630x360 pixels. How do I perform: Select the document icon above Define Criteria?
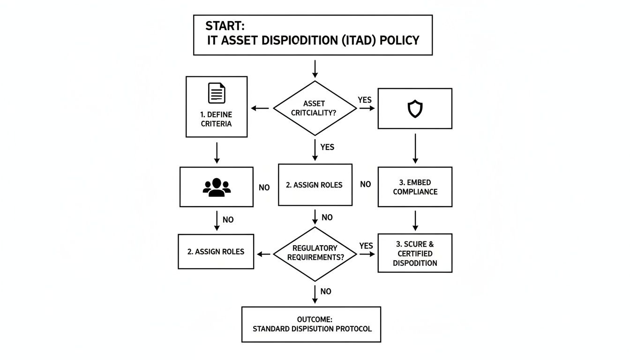(x=217, y=93)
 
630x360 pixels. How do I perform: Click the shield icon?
(x=415, y=109)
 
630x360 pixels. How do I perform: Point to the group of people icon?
(x=217, y=187)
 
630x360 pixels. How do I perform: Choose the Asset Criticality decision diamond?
(x=315, y=108)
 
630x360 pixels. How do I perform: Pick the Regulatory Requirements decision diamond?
(x=315, y=254)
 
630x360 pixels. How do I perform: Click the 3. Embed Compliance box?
(x=415, y=187)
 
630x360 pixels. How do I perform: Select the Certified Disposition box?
(x=415, y=253)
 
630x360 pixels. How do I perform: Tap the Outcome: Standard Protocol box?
(x=311, y=324)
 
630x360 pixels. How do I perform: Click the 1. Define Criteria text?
(x=217, y=119)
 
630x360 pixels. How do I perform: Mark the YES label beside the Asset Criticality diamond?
(x=365, y=100)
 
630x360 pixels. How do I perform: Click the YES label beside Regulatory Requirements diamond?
(x=366, y=246)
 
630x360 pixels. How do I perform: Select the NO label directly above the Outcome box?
(x=326, y=291)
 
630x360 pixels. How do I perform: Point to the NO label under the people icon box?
(x=228, y=219)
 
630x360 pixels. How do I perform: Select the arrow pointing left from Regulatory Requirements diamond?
(x=264, y=254)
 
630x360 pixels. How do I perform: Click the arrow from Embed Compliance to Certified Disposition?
(x=415, y=220)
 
